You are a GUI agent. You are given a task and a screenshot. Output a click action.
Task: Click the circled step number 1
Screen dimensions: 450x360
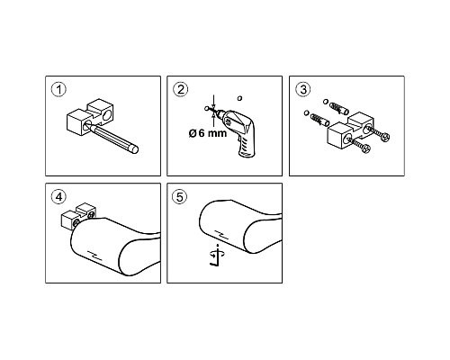click(x=58, y=89)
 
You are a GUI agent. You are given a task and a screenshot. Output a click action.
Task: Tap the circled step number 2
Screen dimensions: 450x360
click(x=181, y=89)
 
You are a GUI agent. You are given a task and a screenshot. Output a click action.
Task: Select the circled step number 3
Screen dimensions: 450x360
click(x=303, y=89)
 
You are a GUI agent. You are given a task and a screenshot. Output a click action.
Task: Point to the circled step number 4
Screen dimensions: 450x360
click(x=58, y=197)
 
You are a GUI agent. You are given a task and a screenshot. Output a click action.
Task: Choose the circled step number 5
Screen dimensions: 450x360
click(x=179, y=197)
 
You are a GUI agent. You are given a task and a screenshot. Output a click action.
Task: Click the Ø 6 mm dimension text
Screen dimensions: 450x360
click(x=208, y=133)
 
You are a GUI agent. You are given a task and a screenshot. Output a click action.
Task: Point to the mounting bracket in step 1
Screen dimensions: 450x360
click(x=90, y=118)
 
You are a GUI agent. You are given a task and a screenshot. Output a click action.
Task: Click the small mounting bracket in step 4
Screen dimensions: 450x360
click(x=78, y=215)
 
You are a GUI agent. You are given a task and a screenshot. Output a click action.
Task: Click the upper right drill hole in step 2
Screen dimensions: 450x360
click(x=239, y=98)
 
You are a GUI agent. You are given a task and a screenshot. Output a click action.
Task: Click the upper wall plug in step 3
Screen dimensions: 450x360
click(x=339, y=108)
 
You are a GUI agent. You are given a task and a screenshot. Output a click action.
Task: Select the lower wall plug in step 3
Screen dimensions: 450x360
click(x=320, y=120)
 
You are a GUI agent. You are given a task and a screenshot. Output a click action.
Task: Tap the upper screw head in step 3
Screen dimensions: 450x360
click(x=385, y=138)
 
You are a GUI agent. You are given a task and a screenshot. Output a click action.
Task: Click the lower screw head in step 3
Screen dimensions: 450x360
click(x=366, y=148)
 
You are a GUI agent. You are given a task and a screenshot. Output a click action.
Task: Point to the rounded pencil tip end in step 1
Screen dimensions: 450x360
click(x=134, y=149)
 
